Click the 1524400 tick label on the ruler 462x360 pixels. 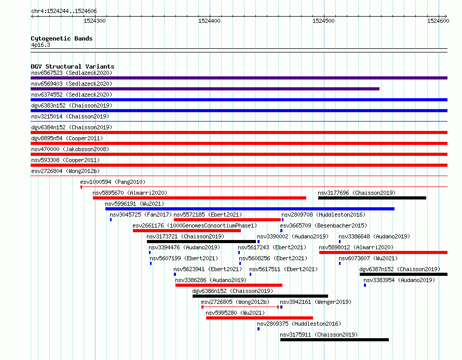209,21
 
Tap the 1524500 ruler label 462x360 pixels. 323,21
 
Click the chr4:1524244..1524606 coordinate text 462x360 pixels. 64,11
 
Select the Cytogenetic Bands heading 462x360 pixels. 62,38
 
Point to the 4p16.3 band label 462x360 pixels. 40,45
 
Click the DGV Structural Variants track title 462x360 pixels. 73,66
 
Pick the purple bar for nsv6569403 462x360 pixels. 205,89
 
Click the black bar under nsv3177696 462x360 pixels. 372,198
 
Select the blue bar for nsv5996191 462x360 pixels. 250,209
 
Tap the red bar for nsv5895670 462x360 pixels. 199,198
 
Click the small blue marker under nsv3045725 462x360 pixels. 111,220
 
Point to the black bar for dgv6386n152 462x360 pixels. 260,296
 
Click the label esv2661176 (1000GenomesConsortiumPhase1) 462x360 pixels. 195,225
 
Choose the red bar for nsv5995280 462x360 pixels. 259,318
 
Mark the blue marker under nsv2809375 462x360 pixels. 259,329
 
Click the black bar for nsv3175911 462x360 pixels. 334,340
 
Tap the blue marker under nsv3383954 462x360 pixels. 365,285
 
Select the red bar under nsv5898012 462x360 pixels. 383,252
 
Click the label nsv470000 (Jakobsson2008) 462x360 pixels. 70,149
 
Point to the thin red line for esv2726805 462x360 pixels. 240,307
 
